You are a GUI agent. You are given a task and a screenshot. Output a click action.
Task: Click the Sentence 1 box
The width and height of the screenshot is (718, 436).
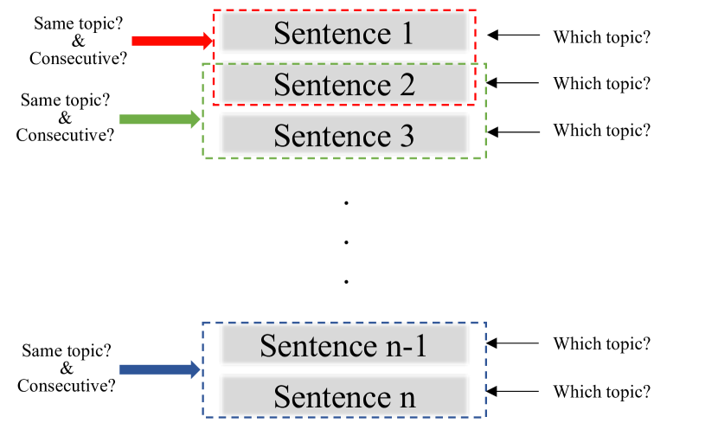[x=344, y=33]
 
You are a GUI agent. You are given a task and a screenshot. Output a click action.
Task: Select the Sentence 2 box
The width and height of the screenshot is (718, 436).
[x=344, y=84]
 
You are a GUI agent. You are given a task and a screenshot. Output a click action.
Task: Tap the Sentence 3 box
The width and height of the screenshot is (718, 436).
[x=344, y=135]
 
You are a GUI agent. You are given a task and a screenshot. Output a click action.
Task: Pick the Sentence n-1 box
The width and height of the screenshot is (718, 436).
[x=344, y=345]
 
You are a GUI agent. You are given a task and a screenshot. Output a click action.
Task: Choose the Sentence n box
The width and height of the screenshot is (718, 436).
[x=344, y=395]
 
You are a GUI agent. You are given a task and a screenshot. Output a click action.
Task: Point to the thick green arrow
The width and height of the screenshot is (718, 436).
[x=160, y=119]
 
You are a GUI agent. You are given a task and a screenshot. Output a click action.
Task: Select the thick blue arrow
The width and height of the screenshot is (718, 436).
[x=160, y=370]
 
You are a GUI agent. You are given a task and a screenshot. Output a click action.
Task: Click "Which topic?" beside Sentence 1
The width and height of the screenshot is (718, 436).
[x=602, y=37]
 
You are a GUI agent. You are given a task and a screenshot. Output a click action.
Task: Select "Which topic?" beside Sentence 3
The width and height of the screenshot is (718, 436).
[x=602, y=131]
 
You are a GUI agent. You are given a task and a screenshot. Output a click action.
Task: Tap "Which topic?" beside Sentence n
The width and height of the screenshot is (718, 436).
[x=602, y=392]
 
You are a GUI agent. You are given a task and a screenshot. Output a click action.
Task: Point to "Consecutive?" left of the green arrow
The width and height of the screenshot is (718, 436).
[x=66, y=135]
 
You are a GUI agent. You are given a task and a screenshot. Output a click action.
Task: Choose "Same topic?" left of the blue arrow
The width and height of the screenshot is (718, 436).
[x=66, y=351]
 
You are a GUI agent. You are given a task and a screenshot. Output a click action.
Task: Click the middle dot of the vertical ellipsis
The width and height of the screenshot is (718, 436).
[x=345, y=241]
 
